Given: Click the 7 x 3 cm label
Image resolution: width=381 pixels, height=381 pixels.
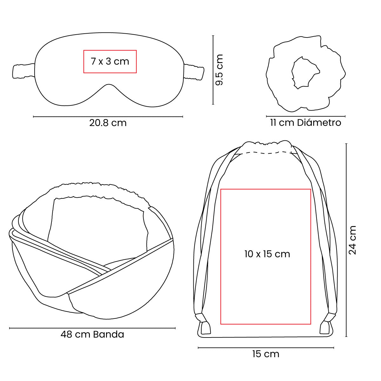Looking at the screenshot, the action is [110, 62].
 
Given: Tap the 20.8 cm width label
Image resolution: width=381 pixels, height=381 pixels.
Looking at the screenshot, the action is [108, 123].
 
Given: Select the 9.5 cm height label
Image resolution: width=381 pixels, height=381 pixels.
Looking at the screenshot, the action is [219, 70].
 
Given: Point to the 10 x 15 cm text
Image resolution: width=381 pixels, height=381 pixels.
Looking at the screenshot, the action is [267, 254].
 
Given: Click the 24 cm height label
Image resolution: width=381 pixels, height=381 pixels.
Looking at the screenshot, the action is [352, 240].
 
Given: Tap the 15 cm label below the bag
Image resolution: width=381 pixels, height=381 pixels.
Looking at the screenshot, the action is [266, 354].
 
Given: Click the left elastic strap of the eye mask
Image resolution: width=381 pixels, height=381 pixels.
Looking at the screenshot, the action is [24, 71].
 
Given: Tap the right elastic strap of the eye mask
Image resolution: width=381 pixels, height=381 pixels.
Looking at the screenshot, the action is [194, 72].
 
